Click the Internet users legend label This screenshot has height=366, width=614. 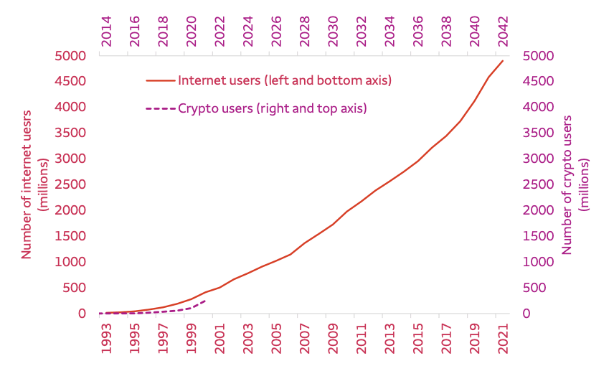tap(285, 80)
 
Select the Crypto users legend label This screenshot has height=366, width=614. tap(272, 109)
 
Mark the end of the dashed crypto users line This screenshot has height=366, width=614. tap(206, 300)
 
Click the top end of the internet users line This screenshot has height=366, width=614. tap(503, 61)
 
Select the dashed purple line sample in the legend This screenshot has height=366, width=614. tap(160, 109)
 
